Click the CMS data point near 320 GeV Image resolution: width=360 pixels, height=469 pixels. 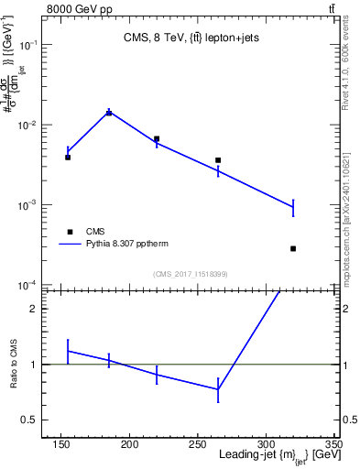click(x=293, y=248)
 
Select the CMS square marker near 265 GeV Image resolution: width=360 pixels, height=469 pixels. click(x=218, y=160)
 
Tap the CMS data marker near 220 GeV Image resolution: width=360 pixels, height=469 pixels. click(x=157, y=139)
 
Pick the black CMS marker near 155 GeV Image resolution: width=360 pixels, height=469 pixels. click(x=68, y=158)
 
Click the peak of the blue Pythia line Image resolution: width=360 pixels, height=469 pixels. click(x=109, y=112)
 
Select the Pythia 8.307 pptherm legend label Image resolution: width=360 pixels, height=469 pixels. click(x=128, y=245)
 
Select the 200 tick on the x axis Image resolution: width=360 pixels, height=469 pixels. click(x=129, y=443)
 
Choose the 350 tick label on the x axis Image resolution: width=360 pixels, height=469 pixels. click(x=333, y=443)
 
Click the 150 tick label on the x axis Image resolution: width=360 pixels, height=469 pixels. click(x=61, y=443)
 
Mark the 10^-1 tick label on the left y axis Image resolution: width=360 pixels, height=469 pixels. click(x=29, y=44)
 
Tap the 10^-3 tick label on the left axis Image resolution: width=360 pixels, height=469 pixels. click(x=29, y=205)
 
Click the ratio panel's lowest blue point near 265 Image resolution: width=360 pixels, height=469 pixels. click(x=218, y=389)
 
